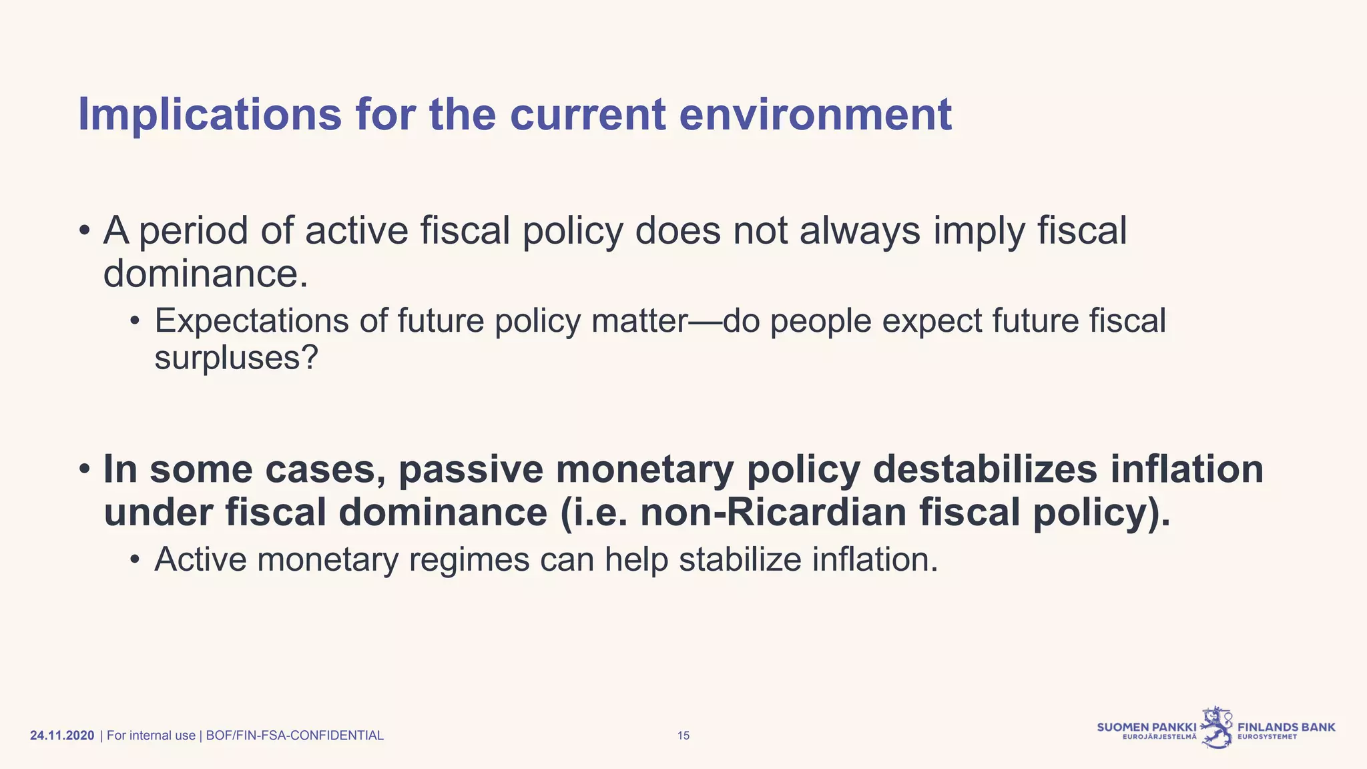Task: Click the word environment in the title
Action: [x=815, y=115]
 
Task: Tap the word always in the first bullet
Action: [x=860, y=231]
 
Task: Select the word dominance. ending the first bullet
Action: [x=206, y=274]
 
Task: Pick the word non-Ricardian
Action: [x=773, y=512]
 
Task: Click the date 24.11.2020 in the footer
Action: [x=62, y=736]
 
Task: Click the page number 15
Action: [x=683, y=736]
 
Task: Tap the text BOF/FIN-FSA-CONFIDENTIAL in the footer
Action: [x=294, y=736]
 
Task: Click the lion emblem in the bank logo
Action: [x=1217, y=728]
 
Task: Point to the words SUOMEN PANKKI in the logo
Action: [x=1146, y=727]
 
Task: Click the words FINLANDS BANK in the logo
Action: [x=1286, y=727]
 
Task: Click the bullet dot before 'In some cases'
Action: [x=84, y=470]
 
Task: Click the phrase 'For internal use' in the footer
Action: [x=151, y=736]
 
